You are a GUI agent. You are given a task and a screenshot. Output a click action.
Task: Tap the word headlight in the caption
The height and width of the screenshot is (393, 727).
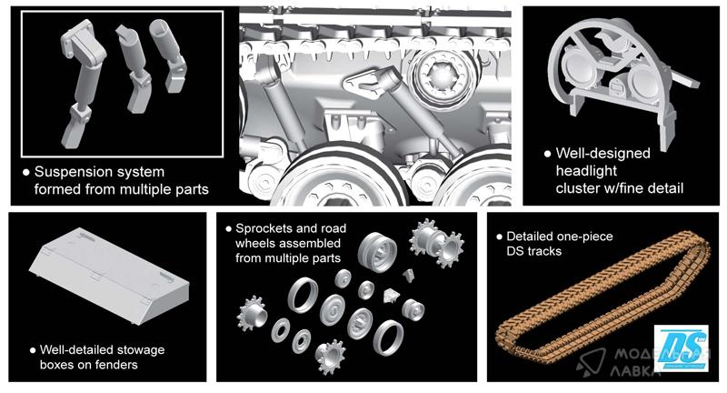[586, 171]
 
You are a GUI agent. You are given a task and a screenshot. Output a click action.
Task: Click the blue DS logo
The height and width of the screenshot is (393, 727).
[681, 348]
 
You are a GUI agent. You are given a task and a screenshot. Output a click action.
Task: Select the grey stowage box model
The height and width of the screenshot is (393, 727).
[109, 275]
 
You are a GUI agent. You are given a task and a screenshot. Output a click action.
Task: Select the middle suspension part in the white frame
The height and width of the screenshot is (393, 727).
[135, 68]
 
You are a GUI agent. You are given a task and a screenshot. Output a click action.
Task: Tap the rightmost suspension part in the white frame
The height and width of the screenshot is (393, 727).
[168, 55]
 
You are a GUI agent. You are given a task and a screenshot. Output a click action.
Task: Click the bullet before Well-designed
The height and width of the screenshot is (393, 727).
[548, 154]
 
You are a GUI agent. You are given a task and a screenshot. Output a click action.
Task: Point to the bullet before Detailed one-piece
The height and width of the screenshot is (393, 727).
[499, 237]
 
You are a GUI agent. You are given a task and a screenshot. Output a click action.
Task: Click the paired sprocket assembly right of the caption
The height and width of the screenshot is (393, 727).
[436, 242]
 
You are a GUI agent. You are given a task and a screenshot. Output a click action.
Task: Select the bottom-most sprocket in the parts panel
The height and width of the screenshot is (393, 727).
[330, 357]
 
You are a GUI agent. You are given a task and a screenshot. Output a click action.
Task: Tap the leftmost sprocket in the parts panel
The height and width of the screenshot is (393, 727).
[252, 313]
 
